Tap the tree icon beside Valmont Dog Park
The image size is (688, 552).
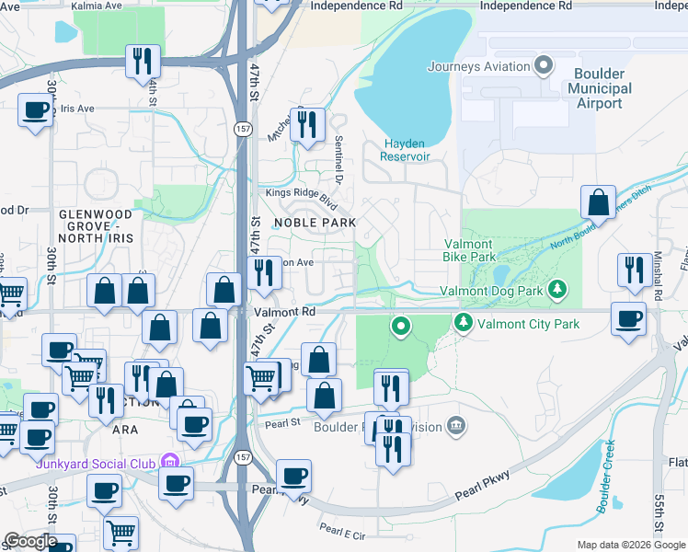pos(556,291)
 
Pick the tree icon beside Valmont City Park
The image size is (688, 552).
pos(462,323)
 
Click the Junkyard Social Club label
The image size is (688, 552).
pos(95,462)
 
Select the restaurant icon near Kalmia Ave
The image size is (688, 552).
pos(143,62)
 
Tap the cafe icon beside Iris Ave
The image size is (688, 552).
pos(36,110)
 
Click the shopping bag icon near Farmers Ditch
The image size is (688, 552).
pos(599,202)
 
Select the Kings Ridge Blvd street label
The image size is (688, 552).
pos(296,194)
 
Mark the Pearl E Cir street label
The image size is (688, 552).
pos(342,531)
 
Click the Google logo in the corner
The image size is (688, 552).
pos(30,541)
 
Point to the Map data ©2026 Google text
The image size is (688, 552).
pos(630,545)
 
